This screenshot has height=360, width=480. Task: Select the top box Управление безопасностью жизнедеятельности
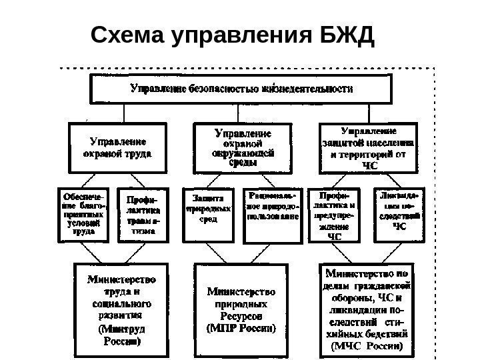coord(241,88)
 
